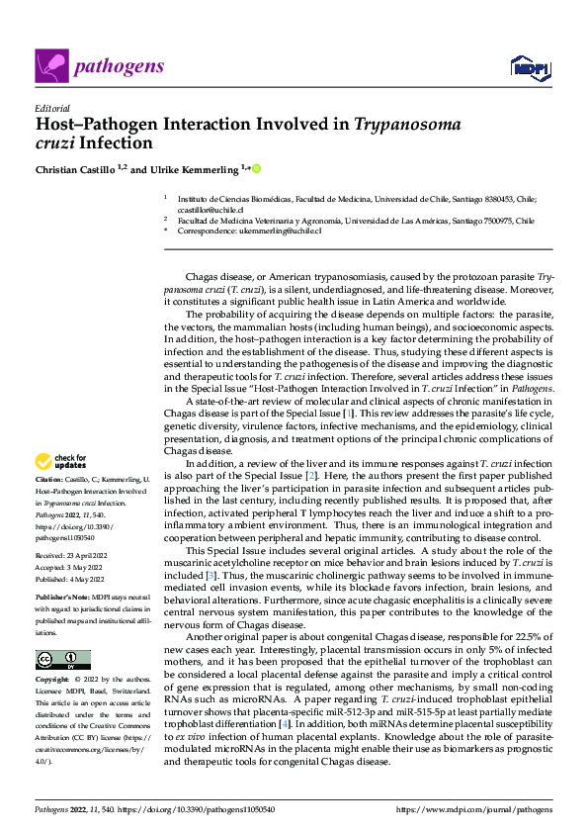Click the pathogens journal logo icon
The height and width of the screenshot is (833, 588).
[49, 66]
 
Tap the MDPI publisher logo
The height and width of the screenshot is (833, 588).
[527, 67]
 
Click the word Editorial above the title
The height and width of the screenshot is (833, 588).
[51, 108]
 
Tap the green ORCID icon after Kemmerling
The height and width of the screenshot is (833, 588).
[256, 168]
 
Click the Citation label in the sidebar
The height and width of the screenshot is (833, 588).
[51, 479]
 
